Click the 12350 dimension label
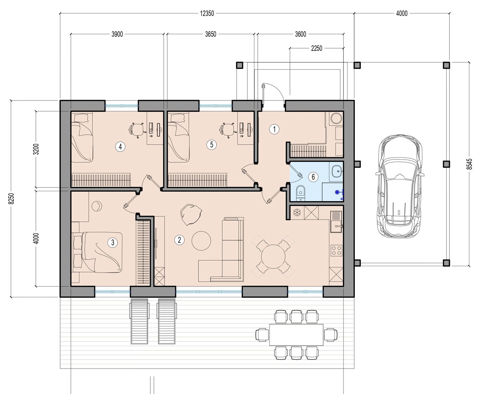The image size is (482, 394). point(207,14)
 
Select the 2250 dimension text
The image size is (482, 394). point(317,48)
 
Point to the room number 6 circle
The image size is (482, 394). point(313,177)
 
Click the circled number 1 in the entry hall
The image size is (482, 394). point(274,129)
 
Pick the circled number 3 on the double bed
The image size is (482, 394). point(113,242)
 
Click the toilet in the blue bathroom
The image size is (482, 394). point(300,193)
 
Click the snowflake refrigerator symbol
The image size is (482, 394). point(297,213)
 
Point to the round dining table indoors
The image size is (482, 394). point(273,256)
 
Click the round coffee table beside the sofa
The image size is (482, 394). point(201,241)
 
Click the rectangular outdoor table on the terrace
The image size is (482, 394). point(296,334)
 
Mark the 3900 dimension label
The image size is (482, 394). point(117,34)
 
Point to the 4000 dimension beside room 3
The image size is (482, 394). point(36,238)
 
